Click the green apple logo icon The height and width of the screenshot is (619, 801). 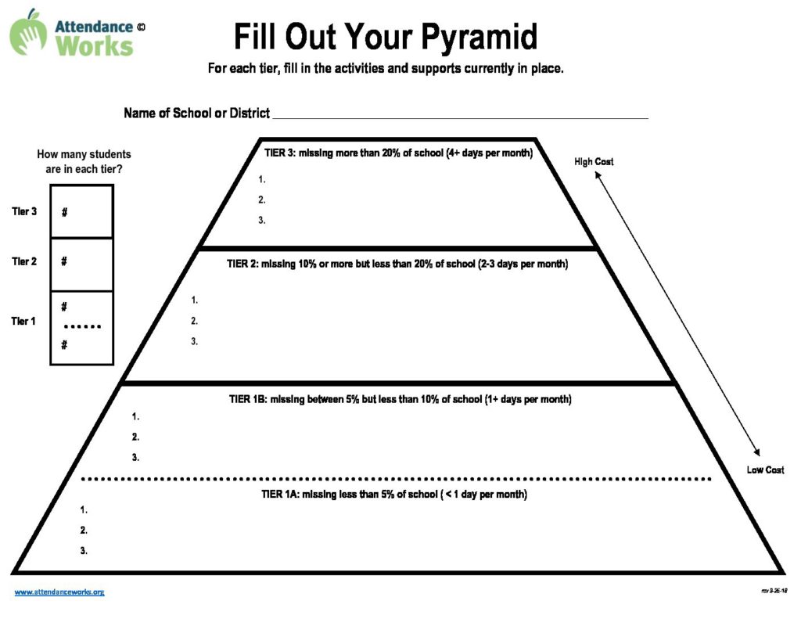28,32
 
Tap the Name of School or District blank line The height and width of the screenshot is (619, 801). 460,117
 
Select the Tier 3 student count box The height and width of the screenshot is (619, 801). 81,211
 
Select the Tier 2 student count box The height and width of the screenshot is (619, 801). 81,265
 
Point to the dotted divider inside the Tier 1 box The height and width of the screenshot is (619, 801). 82,326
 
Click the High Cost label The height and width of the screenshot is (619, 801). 594,161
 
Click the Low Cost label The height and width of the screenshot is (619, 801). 765,470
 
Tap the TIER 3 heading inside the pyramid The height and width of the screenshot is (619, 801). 398,153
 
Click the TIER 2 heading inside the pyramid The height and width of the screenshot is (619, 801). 397,264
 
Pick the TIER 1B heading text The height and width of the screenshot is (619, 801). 400,399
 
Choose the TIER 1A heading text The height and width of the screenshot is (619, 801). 394,495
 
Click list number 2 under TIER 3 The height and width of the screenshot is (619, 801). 261,200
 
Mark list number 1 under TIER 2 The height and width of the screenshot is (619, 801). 194,300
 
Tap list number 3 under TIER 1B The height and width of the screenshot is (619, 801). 135,458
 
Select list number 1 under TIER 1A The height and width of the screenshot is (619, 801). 84,509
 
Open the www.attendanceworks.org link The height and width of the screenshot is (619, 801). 59,592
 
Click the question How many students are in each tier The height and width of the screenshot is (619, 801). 84,161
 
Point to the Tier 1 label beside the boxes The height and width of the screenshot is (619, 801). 23,321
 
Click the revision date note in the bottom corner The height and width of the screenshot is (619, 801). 774,591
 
